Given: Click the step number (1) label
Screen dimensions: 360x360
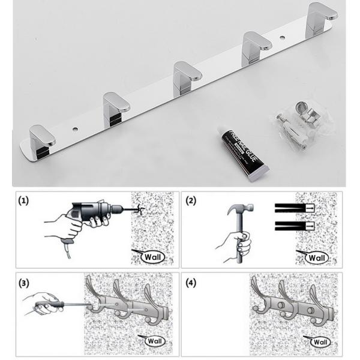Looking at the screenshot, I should pos(22,200).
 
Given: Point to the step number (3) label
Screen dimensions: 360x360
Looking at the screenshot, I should pos(22,281).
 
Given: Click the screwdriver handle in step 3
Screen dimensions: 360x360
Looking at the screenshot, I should pos(45,307).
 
